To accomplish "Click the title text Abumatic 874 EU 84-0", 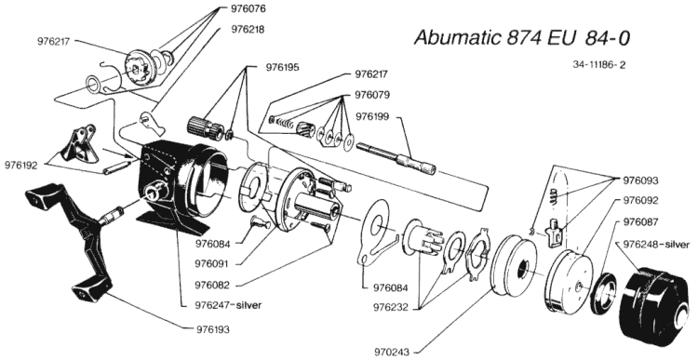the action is tap(522, 38).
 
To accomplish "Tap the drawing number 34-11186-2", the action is tap(599, 65).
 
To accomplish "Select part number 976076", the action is tap(248, 8).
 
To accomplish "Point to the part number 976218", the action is tap(248, 30).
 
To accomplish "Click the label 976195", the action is tap(283, 68).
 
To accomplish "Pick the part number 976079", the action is tap(372, 95).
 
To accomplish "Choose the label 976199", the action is tap(372, 116).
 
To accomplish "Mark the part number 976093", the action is tap(640, 180).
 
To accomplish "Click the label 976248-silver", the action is tap(657, 245).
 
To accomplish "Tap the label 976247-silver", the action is tap(228, 305).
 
